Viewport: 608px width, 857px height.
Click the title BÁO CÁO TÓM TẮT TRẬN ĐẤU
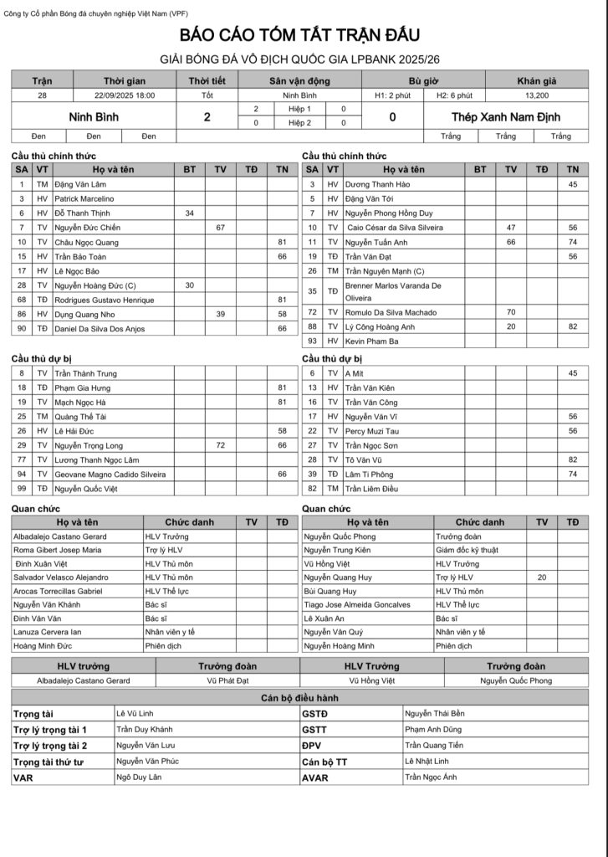299,35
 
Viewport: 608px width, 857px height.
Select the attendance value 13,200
538,95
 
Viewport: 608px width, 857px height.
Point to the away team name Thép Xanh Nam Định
506,117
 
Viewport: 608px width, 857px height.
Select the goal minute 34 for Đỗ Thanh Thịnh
190,213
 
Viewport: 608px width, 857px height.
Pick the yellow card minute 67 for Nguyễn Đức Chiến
221,228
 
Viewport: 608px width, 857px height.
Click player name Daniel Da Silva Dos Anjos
100,329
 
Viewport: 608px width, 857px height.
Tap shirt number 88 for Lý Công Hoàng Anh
311,326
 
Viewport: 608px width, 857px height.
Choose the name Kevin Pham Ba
372,341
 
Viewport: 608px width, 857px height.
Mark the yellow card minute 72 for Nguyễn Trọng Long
221,445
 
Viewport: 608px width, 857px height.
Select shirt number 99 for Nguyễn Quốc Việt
21,488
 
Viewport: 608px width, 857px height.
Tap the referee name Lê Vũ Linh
133,713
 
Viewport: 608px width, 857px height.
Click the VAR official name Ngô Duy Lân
138,777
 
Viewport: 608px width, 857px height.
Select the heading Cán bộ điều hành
299,697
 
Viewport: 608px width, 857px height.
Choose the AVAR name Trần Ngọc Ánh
431,777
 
